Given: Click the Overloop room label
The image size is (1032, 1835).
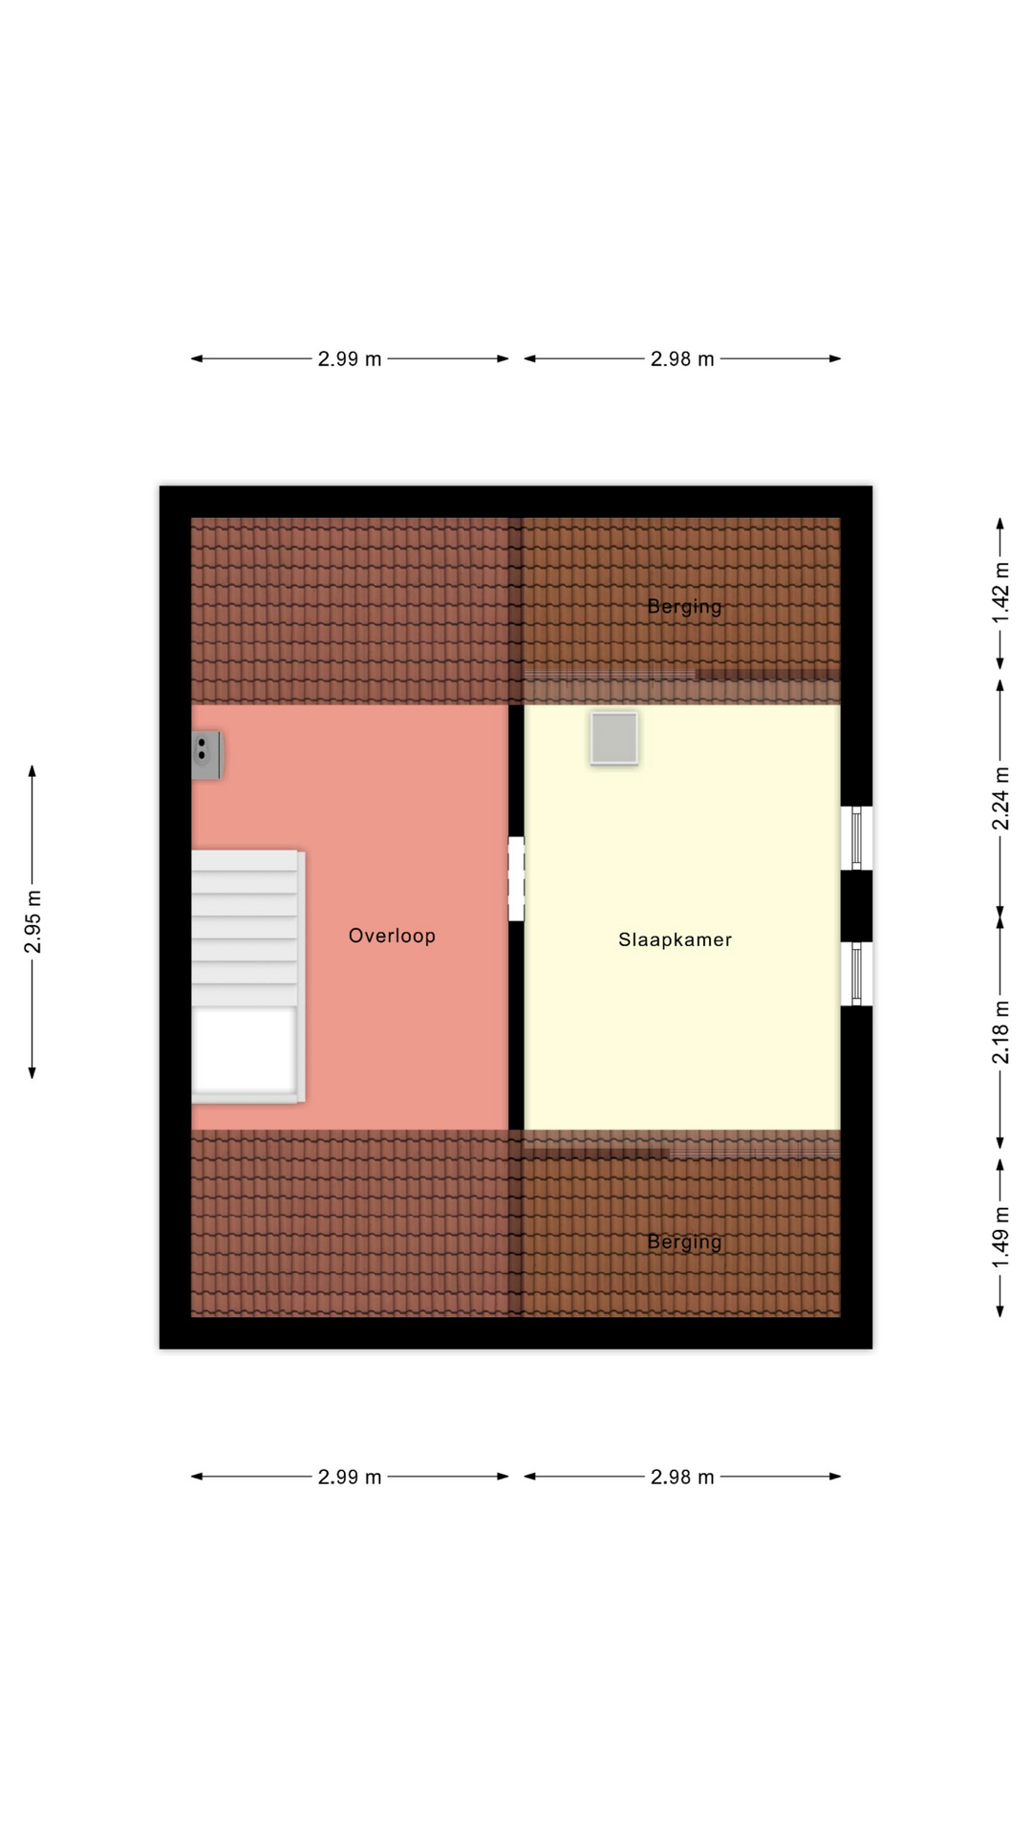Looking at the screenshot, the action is click(392, 936).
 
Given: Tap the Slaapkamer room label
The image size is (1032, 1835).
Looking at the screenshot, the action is click(676, 939).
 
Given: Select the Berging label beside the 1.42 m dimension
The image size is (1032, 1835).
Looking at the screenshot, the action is click(684, 607).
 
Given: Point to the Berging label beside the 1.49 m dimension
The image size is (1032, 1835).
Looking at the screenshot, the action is click(684, 1242).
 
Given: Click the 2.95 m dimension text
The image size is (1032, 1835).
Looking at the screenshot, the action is click(33, 921).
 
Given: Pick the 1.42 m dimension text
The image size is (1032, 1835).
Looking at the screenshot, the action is click(1000, 593).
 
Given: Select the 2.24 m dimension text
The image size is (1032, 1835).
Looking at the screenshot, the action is click(1000, 798).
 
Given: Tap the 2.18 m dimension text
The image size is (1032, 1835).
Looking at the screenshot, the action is click(1000, 1032).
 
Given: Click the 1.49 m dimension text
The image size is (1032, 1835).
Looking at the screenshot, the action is click(1000, 1238).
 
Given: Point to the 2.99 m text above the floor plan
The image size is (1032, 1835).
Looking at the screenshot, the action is click(350, 359).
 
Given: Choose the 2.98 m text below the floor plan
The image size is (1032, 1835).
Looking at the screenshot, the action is click(682, 1478).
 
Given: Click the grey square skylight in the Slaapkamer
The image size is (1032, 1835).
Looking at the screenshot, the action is click(613, 738).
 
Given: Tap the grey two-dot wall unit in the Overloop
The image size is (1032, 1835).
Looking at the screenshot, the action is click(207, 755).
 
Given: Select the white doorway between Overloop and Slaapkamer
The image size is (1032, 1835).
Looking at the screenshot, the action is click(516, 879).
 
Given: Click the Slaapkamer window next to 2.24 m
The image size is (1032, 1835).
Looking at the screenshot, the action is click(856, 838).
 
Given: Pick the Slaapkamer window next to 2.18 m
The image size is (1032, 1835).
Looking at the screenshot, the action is click(856, 974).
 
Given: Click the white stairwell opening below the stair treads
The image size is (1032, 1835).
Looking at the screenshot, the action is click(245, 1049).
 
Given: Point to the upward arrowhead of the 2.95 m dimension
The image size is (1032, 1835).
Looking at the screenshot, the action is click(32, 770).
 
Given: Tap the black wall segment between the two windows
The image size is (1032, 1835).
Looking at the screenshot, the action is click(856, 906).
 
